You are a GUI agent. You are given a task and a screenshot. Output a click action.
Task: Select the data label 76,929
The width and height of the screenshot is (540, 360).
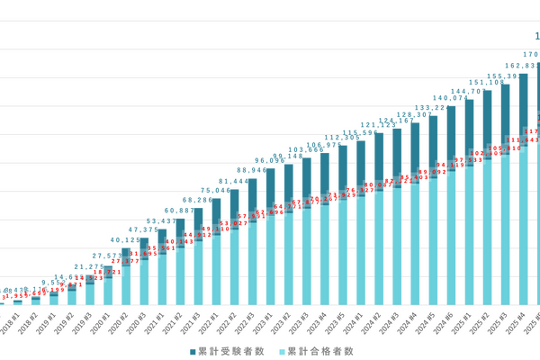(x=351, y=191)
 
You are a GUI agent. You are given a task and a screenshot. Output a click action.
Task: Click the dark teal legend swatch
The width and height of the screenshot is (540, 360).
(x=191, y=350)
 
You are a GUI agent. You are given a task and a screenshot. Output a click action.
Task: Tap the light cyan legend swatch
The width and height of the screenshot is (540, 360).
(x=281, y=350)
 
